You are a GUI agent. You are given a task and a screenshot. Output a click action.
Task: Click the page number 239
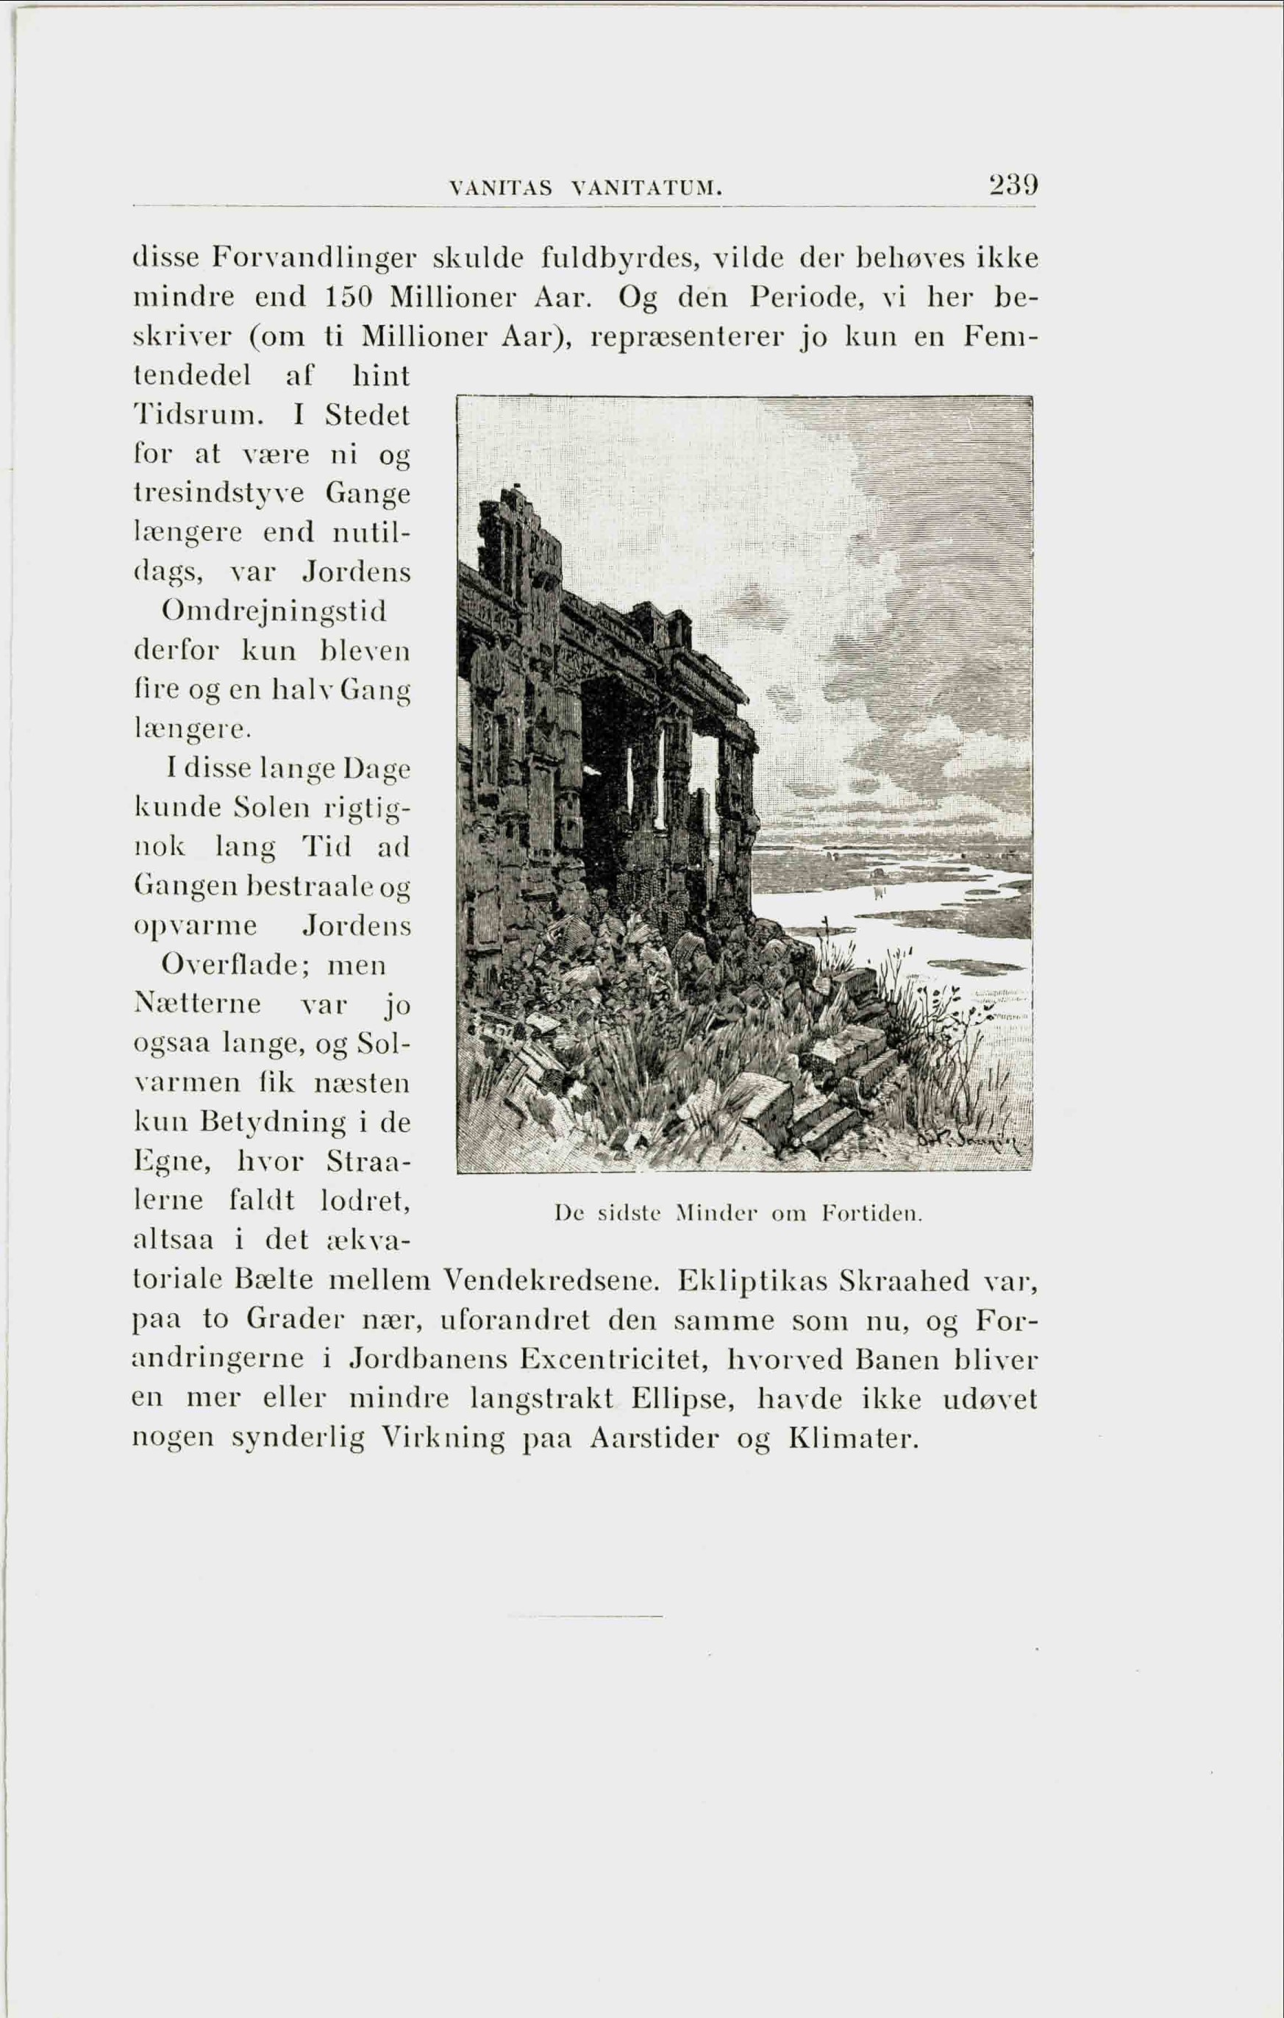click(1013, 185)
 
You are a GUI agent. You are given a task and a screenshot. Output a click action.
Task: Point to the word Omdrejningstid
click(273, 611)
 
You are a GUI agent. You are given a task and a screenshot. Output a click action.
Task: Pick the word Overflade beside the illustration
click(229, 964)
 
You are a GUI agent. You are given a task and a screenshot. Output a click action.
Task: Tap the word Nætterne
click(198, 1004)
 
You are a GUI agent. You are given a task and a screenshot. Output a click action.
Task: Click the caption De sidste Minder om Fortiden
click(737, 1212)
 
